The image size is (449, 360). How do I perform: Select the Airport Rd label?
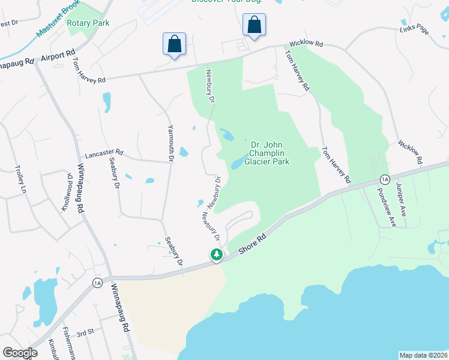point(58,56)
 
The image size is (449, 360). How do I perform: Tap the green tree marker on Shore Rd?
point(216,255)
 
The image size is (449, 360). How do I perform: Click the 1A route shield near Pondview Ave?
point(385,179)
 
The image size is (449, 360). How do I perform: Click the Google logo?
point(20,352)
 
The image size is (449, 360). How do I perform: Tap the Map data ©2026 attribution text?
point(423,355)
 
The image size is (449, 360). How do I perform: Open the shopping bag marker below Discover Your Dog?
point(254,25)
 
